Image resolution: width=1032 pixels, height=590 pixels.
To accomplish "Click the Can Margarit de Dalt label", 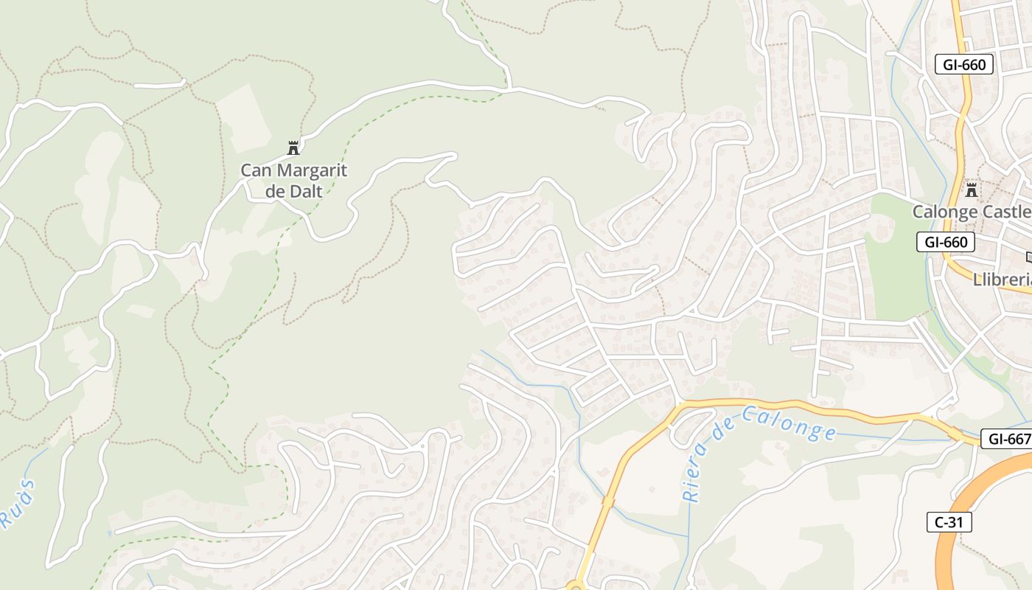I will click(x=293, y=181).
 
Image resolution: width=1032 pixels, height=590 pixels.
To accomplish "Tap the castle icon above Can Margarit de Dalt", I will click(x=293, y=148).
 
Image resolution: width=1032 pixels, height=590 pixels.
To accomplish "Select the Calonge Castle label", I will click(x=972, y=212).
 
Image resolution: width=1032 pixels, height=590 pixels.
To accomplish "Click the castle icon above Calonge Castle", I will click(x=972, y=190).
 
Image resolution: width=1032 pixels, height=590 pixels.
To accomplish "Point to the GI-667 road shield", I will click(x=1007, y=439).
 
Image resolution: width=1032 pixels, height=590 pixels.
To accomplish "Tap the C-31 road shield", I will click(x=949, y=522).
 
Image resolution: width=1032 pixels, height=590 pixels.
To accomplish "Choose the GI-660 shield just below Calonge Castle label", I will click(x=946, y=242).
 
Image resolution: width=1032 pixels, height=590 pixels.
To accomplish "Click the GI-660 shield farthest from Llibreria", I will click(x=964, y=64).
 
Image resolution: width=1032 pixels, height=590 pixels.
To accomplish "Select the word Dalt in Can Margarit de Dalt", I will click(x=304, y=191).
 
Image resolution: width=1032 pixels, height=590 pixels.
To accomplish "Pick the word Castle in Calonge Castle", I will click(x=1005, y=212).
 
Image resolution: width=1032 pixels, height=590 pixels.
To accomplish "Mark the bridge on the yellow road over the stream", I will click(x=608, y=502).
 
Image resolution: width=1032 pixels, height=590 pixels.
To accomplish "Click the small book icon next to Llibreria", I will click(x=1029, y=257).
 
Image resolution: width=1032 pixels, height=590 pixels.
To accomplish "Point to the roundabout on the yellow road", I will click(x=576, y=587).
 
